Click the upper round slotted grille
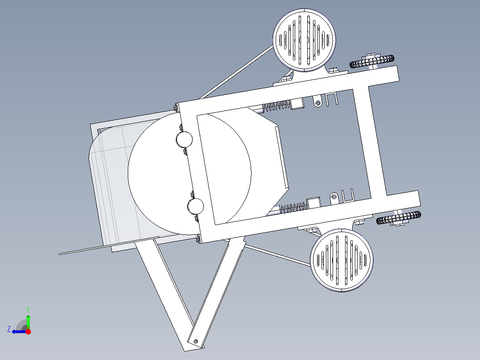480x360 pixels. tap(304, 40)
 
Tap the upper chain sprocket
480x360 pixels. tap(372, 61)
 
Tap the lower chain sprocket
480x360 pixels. tap(399, 218)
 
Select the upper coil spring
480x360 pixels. tap(277, 107)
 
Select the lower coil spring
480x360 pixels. tap(294, 207)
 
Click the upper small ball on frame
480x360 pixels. tap(184, 139)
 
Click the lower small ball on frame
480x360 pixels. tap(195, 206)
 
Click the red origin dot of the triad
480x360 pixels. tap(28, 331)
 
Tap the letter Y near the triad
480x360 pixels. tap(28, 309)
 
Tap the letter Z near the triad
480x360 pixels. tap(9, 329)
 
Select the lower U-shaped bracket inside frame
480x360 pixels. tap(348, 195)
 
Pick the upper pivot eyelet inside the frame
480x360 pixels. tap(317, 103)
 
